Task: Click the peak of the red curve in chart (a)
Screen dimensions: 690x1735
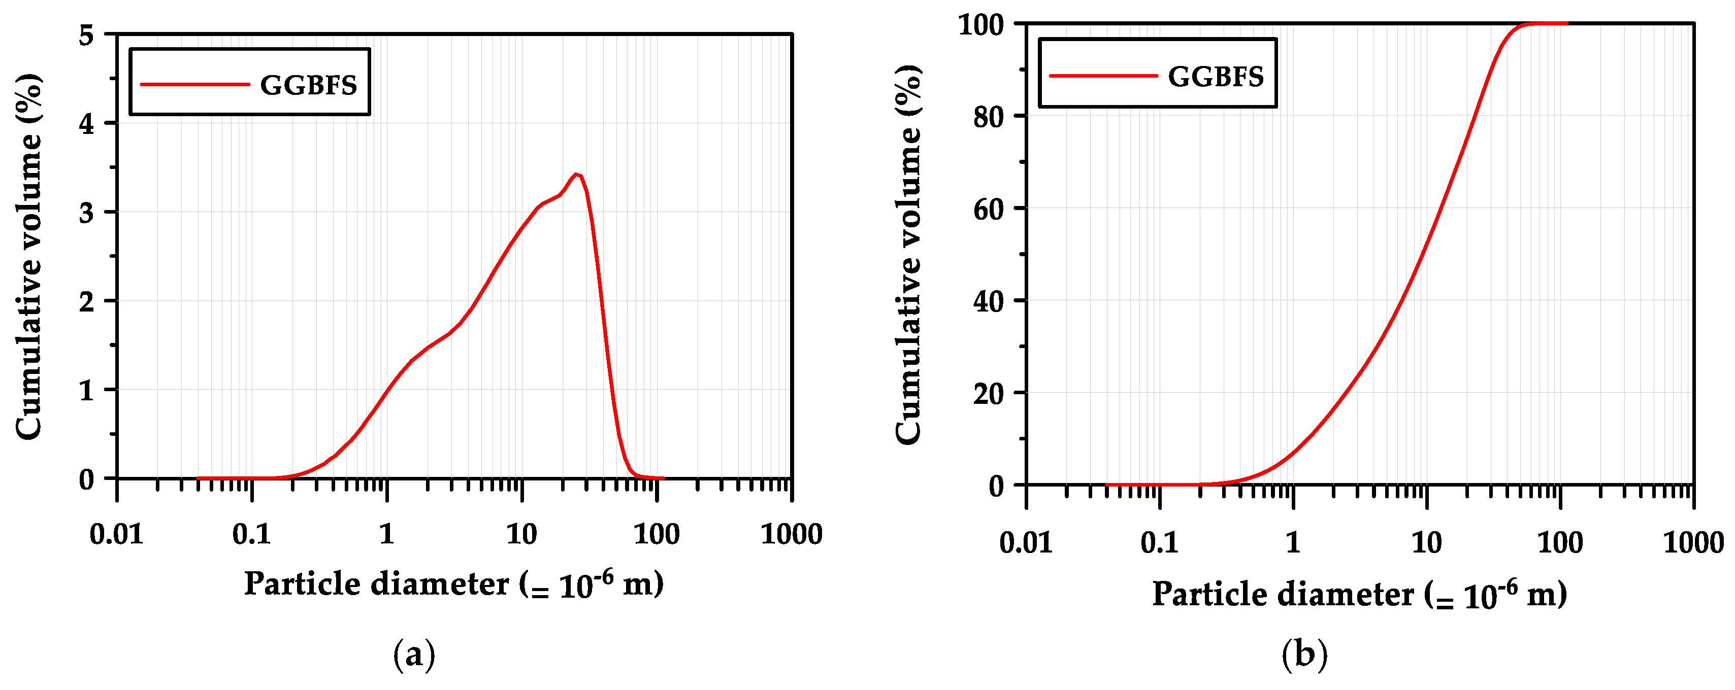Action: click(x=576, y=175)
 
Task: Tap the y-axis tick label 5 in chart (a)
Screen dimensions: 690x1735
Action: click(x=86, y=35)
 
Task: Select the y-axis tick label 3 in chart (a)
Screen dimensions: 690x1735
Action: click(x=86, y=213)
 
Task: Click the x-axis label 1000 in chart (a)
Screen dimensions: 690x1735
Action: click(x=792, y=535)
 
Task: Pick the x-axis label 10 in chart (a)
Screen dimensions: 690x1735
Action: click(x=521, y=535)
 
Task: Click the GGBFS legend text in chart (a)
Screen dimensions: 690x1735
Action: click(x=309, y=86)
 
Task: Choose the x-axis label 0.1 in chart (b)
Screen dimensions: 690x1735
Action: click(x=1159, y=542)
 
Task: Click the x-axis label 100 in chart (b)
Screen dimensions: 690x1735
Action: click(x=1560, y=542)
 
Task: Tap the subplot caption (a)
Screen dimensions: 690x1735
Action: click(x=414, y=654)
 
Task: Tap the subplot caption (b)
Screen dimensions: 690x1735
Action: click(x=1304, y=654)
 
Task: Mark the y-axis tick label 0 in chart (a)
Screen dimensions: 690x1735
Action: click(x=86, y=480)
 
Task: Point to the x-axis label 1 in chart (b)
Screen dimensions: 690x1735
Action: click(x=1293, y=542)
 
